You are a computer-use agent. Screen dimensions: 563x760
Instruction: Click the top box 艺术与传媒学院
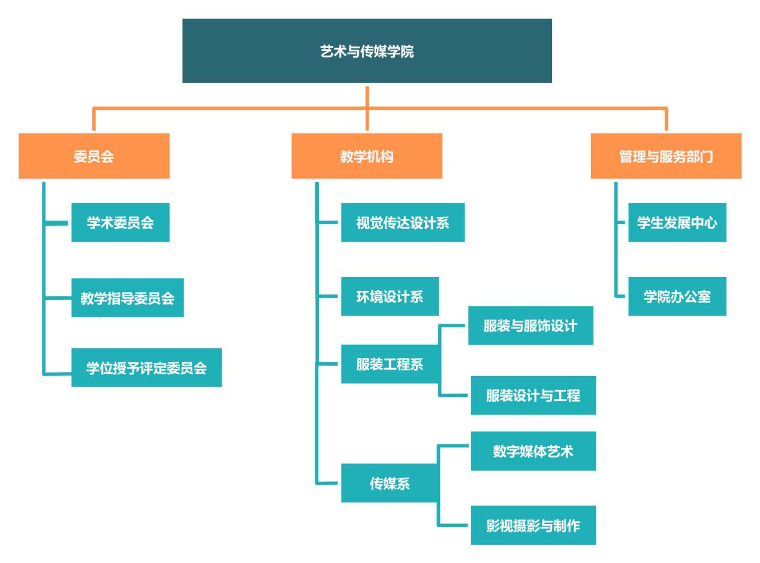click(x=367, y=51)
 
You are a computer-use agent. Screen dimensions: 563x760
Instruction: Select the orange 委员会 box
click(x=94, y=156)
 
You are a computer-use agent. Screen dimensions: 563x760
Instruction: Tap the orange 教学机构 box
click(x=367, y=156)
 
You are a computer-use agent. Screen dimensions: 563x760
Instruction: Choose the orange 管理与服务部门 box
click(x=666, y=156)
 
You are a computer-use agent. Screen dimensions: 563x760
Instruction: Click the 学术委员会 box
click(x=120, y=222)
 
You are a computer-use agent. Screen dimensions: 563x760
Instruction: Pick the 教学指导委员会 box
click(x=128, y=297)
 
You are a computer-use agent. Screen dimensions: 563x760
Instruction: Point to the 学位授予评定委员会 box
click(x=146, y=368)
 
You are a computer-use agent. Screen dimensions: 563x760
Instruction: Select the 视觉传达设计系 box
click(x=403, y=222)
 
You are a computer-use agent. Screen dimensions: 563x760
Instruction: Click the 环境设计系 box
click(x=390, y=296)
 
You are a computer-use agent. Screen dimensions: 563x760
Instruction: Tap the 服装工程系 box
click(x=390, y=364)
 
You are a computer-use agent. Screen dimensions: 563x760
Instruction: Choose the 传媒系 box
click(x=390, y=483)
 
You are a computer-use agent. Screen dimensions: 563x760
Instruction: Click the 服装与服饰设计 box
click(x=530, y=326)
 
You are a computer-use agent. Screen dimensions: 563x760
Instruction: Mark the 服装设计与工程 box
click(x=533, y=395)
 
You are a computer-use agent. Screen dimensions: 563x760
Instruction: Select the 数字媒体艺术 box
click(x=533, y=451)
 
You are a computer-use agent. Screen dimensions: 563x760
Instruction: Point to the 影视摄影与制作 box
click(x=533, y=525)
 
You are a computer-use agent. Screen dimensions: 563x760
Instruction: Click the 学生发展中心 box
click(x=677, y=222)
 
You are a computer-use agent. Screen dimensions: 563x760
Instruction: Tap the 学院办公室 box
click(x=677, y=296)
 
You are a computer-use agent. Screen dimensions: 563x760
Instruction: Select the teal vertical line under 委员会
click(x=44, y=276)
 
